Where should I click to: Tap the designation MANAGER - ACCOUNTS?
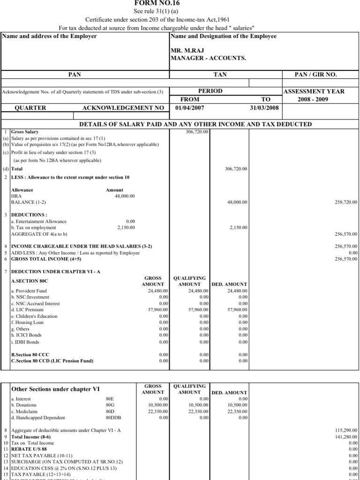pyautogui.click(x=208, y=58)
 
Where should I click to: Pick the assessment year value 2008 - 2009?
pyautogui.click(x=321, y=99)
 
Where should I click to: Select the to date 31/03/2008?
pyautogui.click(x=264, y=107)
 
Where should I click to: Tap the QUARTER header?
pyautogui.click(x=31, y=108)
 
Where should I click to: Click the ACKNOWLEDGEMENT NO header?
pyautogui.click(x=123, y=108)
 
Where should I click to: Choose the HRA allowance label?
pyautogui.click(x=16, y=196)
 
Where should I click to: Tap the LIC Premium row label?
pyautogui.click(x=27, y=310)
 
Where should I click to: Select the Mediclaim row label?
pyautogui.click(x=24, y=412)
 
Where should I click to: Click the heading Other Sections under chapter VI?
pyautogui.click(x=55, y=389)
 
